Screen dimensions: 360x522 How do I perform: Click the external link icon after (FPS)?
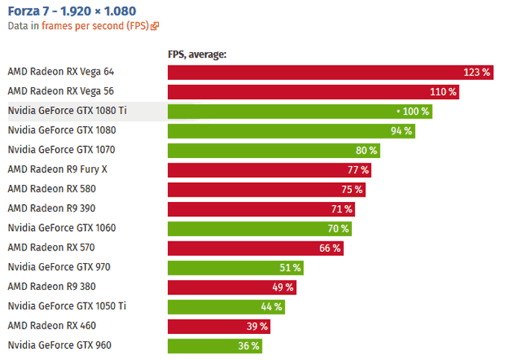(x=154, y=26)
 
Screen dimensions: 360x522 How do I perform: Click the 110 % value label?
(x=442, y=92)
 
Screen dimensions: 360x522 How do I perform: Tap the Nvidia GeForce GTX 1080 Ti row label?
(x=67, y=111)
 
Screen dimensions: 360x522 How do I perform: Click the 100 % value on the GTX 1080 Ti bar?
(x=415, y=112)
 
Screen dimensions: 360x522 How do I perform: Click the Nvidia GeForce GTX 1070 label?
(x=61, y=150)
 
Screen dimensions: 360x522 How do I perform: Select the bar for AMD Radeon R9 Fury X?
(x=269, y=170)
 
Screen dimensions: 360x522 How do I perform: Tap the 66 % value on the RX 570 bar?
(x=330, y=248)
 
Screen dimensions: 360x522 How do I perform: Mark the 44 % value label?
(x=270, y=306)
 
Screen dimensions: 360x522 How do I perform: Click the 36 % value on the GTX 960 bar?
(x=248, y=346)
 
